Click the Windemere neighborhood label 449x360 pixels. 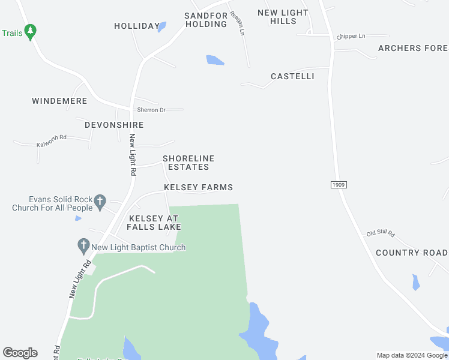coord(59,101)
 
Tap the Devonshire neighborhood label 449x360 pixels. coord(114,125)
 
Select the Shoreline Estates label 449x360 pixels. coord(188,163)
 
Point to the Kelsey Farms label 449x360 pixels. coord(198,188)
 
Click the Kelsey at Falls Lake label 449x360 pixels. coord(154,223)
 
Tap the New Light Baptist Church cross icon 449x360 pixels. coord(83,245)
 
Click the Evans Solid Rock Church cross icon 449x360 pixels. coord(100,201)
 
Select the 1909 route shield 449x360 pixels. coord(339,185)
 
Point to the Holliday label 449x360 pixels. coord(137,26)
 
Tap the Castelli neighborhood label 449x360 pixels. coord(292,77)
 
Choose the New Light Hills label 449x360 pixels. coord(283,17)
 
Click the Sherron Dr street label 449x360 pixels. coord(151,110)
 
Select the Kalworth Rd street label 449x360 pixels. coord(51,145)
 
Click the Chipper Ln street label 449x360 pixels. coord(351,37)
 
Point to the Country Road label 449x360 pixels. coord(412,253)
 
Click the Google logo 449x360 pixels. coord(20,353)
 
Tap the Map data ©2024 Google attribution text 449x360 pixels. coord(412,355)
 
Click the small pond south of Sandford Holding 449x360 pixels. coord(215,60)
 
